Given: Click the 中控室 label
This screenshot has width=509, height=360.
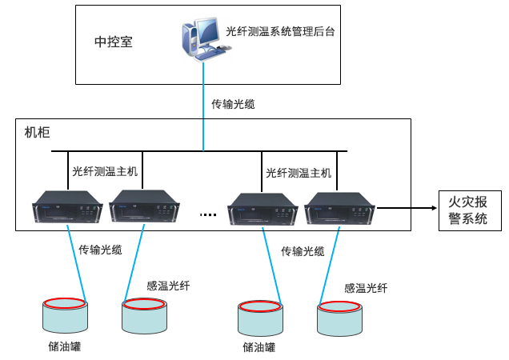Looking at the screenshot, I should coord(113,41).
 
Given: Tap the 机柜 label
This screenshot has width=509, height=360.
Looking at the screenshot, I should coord(38,131).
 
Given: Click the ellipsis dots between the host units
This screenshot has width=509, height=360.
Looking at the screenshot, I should coord(209,214).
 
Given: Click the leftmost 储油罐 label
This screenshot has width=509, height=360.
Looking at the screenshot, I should coord(65,346).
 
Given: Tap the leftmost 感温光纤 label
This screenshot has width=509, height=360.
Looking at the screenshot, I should coord(168,285).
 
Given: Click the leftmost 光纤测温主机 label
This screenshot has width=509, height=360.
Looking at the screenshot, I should coord(105,170).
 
